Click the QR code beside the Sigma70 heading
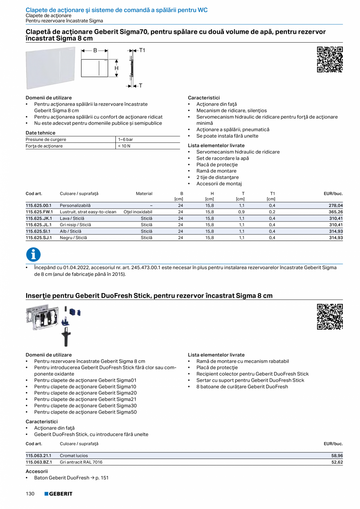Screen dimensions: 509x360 tap(329, 59)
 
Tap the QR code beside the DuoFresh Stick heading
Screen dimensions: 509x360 tap(329, 317)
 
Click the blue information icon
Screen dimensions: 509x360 tap(33, 255)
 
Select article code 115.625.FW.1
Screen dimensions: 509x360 tap(39, 212)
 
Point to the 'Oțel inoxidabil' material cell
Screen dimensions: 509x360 tap(138, 212)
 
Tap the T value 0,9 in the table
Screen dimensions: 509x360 tap(241, 212)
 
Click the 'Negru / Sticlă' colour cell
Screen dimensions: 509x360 tap(73, 237)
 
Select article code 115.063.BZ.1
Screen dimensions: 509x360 tap(39, 462)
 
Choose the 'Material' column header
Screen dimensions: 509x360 tap(144, 193)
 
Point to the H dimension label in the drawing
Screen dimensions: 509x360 tap(116, 68)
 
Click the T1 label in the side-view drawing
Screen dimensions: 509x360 tap(142, 50)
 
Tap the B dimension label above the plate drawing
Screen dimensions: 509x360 tap(95, 50)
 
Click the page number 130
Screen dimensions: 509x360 tap(30, 494)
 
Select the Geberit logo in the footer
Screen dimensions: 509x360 tap(58, 494)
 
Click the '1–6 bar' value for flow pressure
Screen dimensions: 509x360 tap(125, 139)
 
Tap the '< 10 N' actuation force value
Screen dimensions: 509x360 tap(124, 146)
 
